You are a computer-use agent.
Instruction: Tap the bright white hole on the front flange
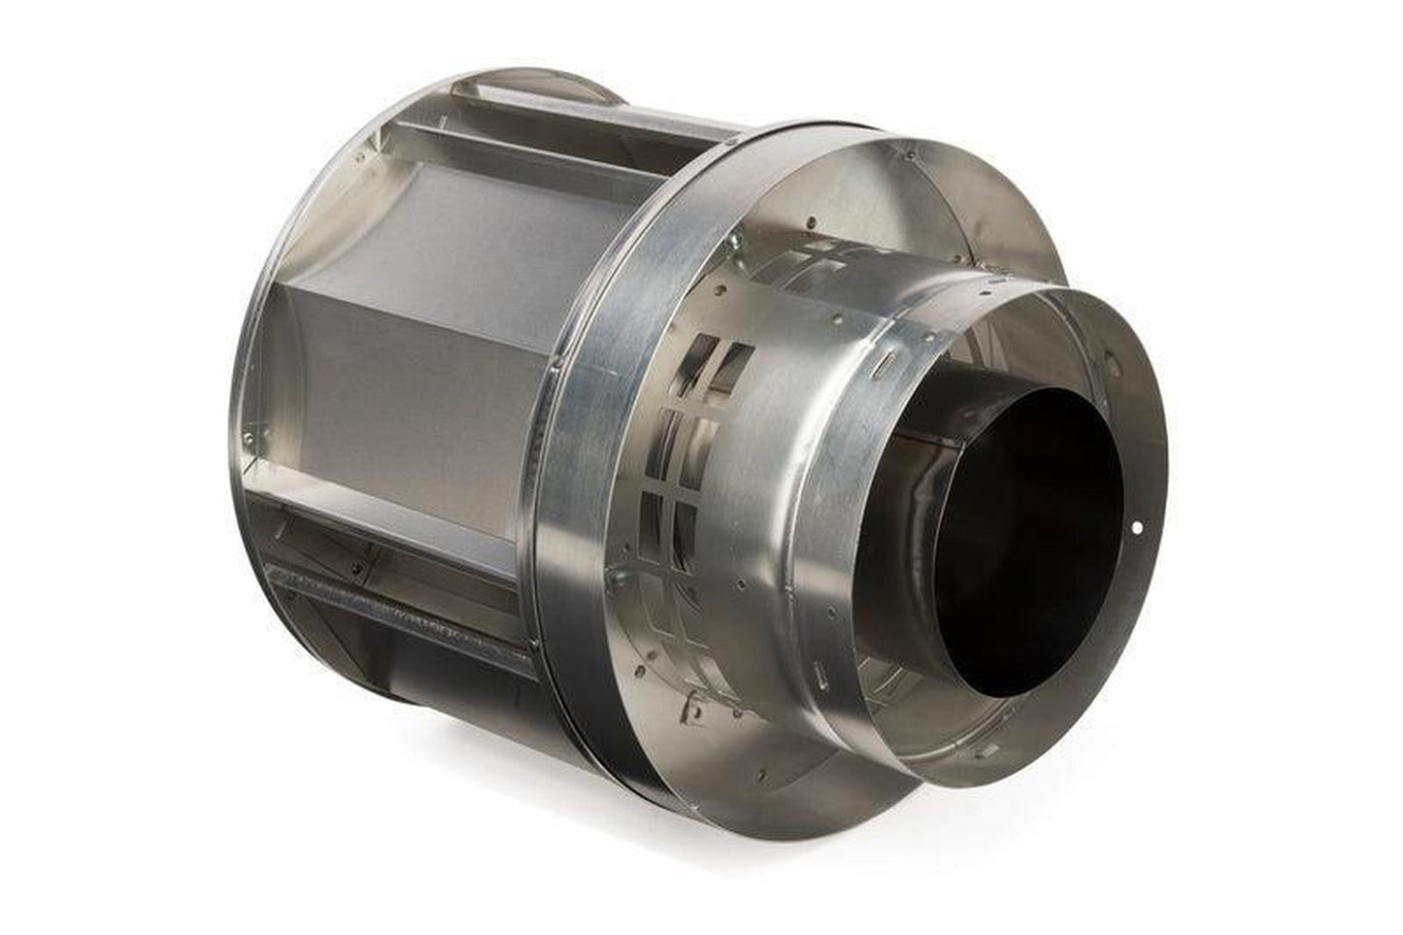pos(1137,528)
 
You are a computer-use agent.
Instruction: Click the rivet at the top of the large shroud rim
pos(911,153)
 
